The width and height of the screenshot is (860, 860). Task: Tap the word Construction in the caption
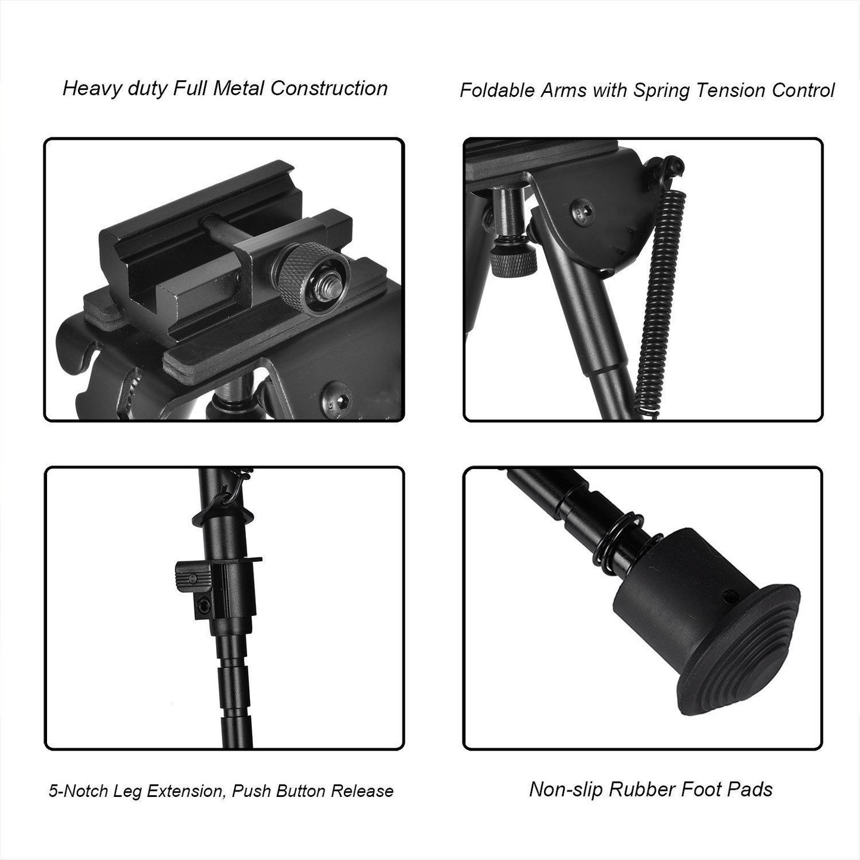(329, 89)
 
